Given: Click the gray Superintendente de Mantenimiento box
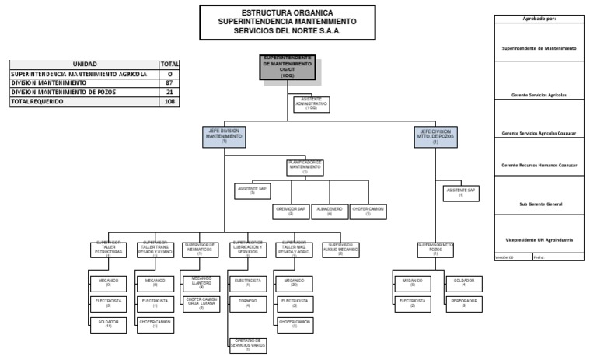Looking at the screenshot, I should (x=288, y=68).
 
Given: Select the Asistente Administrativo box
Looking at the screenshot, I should (x=311, y=104).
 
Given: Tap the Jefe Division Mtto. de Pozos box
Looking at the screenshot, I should (x=435, y=137).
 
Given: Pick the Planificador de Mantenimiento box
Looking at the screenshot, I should (x=305, y=167).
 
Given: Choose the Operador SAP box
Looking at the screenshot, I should (x=291, y=211).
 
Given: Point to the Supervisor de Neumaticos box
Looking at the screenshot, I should (x=200, y=249).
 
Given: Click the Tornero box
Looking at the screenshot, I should (x=247, y=302).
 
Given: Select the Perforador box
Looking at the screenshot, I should (x=465, y=302).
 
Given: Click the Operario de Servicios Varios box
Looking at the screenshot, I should (x=247, y=344).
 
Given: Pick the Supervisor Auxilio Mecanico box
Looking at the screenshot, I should (x=340, y=249).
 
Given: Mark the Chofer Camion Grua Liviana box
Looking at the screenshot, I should (x=201, y=303).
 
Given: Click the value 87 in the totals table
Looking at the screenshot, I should (x=169, y=82).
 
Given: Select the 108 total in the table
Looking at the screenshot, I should (x=169, y=101).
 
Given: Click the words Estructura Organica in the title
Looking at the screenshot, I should (x=287, y=13).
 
